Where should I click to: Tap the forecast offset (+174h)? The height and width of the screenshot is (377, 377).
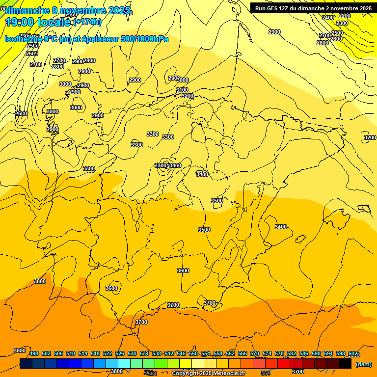pos(87,22)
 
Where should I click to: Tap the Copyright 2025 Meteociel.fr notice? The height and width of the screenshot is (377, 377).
pos(208,374)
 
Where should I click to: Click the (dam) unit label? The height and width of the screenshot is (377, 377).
pos(363,364)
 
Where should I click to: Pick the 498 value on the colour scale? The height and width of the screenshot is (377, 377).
pos(34,354)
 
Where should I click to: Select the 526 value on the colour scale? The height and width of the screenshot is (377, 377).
pos(120,354)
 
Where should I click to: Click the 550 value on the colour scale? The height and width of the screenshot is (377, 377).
pos(193,354)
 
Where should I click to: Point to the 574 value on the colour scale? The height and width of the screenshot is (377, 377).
pos(267,354)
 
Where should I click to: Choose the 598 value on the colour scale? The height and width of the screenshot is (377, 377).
pos(341,354)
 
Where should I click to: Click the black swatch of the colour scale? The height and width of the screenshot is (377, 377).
pos(345,363)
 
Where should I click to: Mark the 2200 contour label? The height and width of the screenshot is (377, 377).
pos(345,16)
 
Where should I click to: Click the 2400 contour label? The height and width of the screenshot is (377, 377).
pos(328,18)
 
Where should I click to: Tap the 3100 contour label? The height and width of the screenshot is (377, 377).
pos(182,90)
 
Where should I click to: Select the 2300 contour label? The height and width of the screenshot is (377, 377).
pos(342,23)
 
